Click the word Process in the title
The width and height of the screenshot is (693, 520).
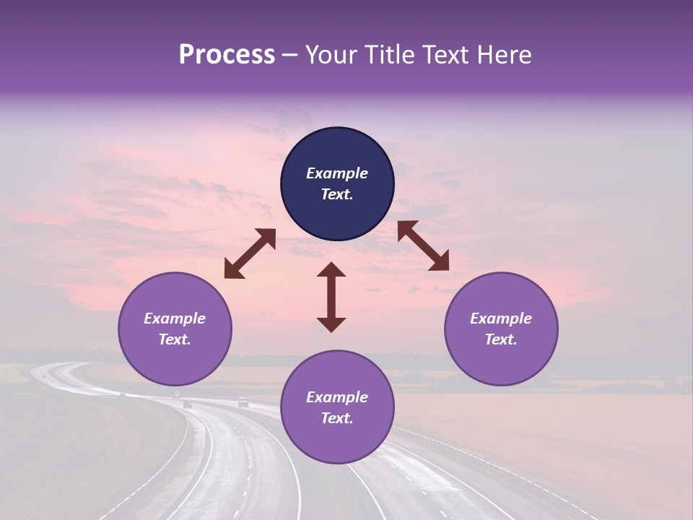(x=227, y=55)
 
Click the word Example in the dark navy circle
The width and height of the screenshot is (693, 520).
(x=337, y=173)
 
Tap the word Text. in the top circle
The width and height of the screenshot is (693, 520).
(x=337, y=194)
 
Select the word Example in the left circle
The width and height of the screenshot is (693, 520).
(x=175, y=318)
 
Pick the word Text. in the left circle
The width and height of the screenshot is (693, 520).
(x=175, y=339)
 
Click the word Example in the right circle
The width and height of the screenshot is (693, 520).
(x=501, y=318)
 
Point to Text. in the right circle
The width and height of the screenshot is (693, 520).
(x=501, y=339)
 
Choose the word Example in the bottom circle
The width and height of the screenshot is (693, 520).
(x=337, y=397)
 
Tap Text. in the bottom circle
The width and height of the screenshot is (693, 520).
(x=337, y=418)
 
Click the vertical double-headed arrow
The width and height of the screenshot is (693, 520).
(x=331, y=297)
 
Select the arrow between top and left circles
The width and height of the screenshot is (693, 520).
(x=250, y=253)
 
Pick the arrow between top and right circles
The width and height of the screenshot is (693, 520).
(x=423, y=246)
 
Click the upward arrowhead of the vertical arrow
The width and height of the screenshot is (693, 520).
(x=331, y=270)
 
